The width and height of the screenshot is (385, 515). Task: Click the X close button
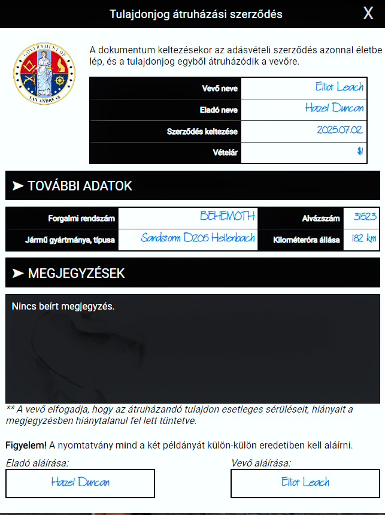tap(368, 14)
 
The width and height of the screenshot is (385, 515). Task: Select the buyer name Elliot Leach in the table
tap(339, 87)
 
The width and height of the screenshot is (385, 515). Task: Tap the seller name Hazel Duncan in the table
tap(334, 109)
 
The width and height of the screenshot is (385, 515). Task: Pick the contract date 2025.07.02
tap(340, 131)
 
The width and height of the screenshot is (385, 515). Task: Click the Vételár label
tap(226, 153)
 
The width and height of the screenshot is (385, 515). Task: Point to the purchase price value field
tap(310, 153)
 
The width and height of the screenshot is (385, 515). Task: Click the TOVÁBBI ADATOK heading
tap(80, 186)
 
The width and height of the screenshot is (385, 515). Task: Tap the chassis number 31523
tap(365, 217)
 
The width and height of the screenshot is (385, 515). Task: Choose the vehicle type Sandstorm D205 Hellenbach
tap(198, 238)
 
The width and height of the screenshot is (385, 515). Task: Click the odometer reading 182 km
tap(363, 239)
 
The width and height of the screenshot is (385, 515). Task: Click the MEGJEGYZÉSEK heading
tap(76, 274)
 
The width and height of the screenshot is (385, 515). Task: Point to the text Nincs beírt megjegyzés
tap(63, 307)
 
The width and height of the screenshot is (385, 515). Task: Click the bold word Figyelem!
tap(26, 445)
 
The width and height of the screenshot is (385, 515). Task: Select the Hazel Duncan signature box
tap(80, 483)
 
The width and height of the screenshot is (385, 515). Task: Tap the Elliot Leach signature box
tap(305, 483)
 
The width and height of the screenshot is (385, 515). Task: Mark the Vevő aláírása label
tap(261, 463)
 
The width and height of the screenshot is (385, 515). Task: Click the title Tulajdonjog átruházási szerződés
tap(196, 14)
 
